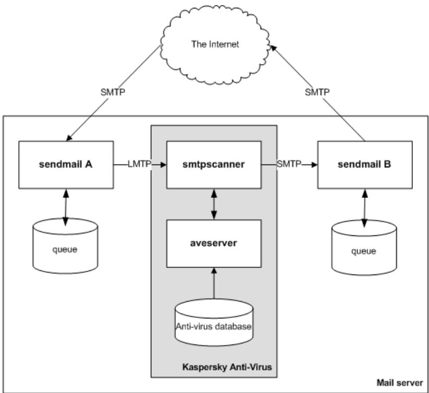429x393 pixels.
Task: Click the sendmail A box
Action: [x=66, y=164]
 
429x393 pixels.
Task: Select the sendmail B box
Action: [x=364, y=164]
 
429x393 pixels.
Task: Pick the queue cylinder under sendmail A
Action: [x=65, y=248]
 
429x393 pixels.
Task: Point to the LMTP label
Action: [x=139, y=164]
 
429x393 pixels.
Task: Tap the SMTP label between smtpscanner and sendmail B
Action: [x=289, y=164]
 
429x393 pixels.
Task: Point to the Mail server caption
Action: [x=402, y=383]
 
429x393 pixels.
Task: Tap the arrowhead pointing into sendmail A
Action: [x=68, y=138]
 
